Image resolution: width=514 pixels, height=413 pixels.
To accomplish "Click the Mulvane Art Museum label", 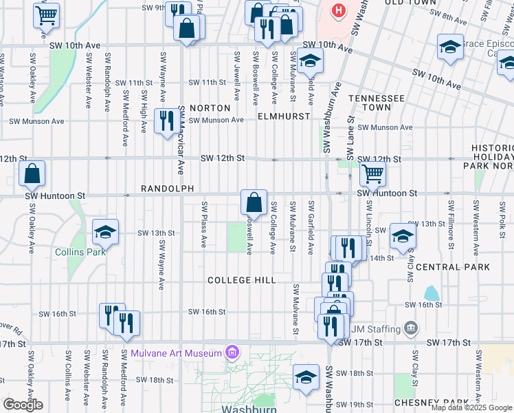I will pyautogui.click(x=176, y=354).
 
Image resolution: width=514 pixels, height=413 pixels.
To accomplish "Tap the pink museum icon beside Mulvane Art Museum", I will pyautogui.click(x=232, y=354).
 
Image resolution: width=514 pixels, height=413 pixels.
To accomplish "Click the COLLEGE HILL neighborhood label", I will pyautogui.click(x=242, y=280).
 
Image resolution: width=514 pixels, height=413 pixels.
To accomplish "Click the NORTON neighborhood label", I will pyautogui.click(x=210, y=108).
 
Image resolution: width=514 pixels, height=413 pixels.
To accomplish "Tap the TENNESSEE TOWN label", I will pyautogui.click(x=376, y=103).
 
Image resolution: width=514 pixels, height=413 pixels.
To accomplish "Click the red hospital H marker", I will pyautogui.click(x=338, y=10).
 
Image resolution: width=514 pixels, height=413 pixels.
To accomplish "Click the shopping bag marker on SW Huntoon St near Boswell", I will pyautogui.click(x=254, y=202).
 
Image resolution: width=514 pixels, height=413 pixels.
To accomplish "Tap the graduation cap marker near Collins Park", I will pyautogui.click(x=105, y=233).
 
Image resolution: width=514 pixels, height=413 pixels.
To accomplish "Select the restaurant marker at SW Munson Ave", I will pyautogui.click(x=166, y=122).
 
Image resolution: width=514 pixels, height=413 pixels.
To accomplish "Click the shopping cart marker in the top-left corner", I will pyautogui.click(x=46, y=14).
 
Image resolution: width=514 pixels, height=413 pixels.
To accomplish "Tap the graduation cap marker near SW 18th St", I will pyautogui.click(x=306, y=377).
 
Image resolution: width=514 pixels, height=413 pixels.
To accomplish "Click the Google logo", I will pyautogui.click(x=23, y=405).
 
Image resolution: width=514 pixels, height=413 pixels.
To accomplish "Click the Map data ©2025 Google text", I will pyautogui.click(x=471, y=407).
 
